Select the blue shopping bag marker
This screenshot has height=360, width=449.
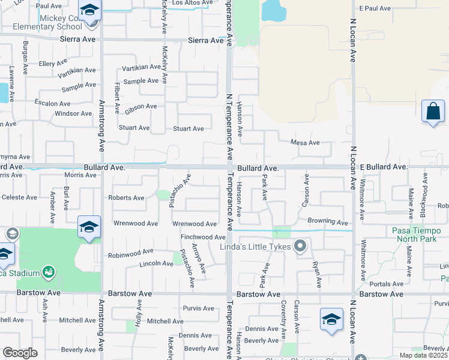pyautogui.click(x=433, y=112)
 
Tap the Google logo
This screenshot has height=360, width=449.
pyautogui.click(x=20, y=353)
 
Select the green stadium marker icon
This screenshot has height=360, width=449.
pyautogui.click(x=49, y=273)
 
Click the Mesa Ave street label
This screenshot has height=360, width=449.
pyautogui.click(x=305, y=143)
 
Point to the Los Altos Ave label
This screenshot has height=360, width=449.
pyautogui.click(x=192, y=3)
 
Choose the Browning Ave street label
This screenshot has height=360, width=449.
pyautogui.click(x=328, y=221)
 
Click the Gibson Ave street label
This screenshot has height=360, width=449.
pyautogui.click(x=140, y=108)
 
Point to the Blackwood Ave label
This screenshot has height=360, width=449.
pyautogui.click(x=424, y=196)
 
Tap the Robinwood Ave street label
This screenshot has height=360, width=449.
pyautogui.click(x=130, y=253)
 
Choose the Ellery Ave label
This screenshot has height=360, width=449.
pyautogui.click(x=53, y=63)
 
